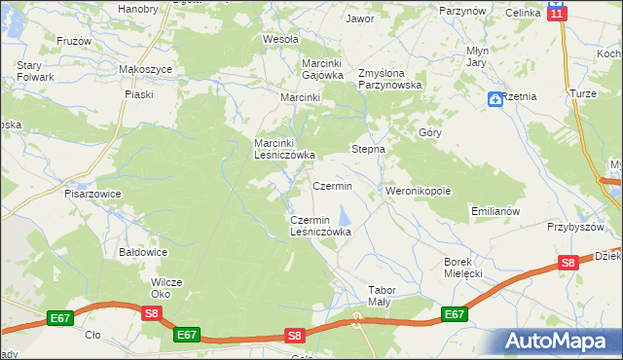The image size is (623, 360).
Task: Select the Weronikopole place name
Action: point(419,192)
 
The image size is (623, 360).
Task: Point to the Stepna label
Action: point(368,150)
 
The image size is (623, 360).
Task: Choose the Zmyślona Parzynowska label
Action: point(389,78)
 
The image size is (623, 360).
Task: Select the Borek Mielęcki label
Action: point(463,268)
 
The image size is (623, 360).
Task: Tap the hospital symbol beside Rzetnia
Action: point(495,97)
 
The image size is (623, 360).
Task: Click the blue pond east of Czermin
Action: point(343,214)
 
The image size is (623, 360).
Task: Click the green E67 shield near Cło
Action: point(60,318)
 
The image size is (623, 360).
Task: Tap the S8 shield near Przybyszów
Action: point(568,262)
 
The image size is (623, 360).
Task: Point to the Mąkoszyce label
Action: point(145,70)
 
